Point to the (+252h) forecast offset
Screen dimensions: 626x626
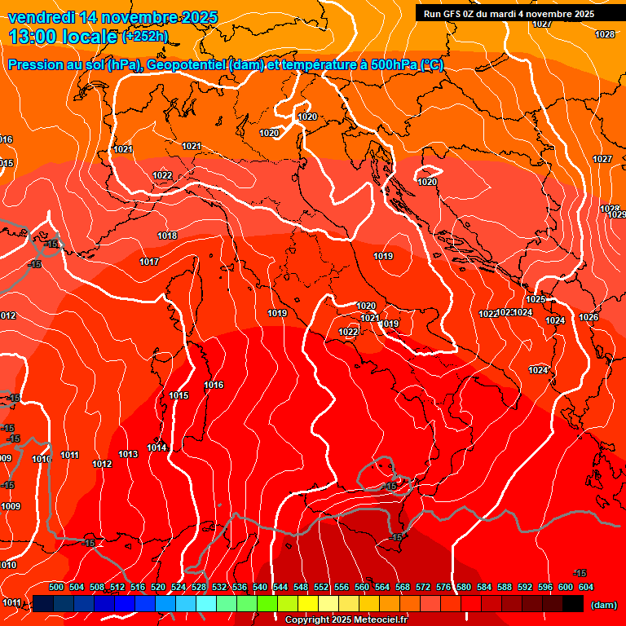pyautogui.click(x=145, y=37)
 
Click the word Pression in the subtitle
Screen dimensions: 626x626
pyautogui.click(x=37, y=65)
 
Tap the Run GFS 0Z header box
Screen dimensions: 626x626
pyautogui.click(x=509, y=14)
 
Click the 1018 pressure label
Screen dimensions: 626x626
pyautogui.click(x=167, y=236)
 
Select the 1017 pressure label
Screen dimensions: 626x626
pyautogui.click(x=149, y=262)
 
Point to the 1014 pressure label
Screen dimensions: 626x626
pyautogui.click(x=156, y=447)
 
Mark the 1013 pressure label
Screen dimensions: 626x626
pyautogui.click(x=128, y=454)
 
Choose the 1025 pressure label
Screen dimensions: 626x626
pyautogui.click(x=536, y=299)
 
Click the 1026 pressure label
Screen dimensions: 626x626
pyautogui.click(x=589, y=317)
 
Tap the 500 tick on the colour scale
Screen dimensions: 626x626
pyautogui.click(x=56, y=587)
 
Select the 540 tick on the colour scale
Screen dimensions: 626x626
pyautogui.click(x=260, y=587)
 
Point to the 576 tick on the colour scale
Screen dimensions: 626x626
pyautogui.click(x=443, y=587)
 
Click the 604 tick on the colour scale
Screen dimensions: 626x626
pyautogui.click(x=585, y=587)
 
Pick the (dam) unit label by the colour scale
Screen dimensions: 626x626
pyautogui.click(x=603, y=605)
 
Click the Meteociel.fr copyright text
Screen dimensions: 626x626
pyautogui.click(x=346, y=620)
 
